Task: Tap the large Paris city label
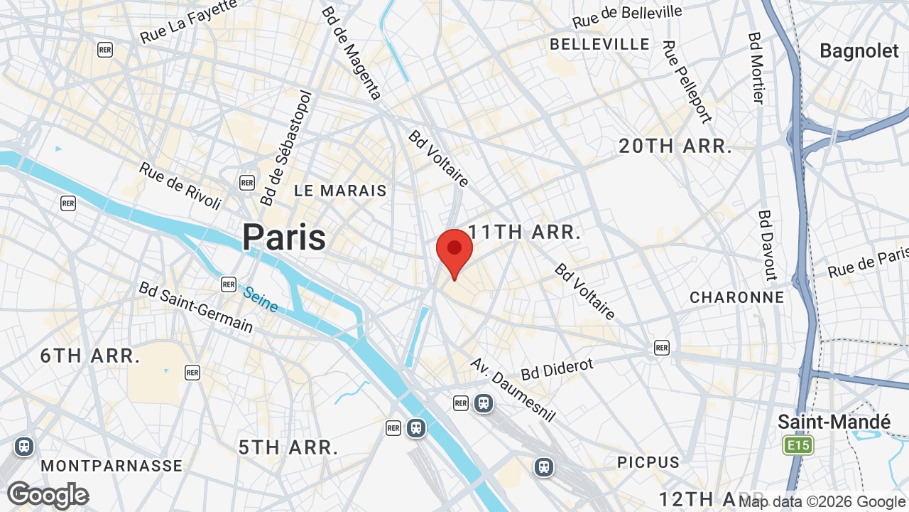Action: [x=284, y=238]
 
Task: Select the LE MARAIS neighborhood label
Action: [x=341, y=191]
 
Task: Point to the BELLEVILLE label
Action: [x=600, y=44]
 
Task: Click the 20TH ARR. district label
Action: [x=675, y=146]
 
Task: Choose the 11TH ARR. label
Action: [x=525, y=232]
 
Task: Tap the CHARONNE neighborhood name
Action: [x=737, y=297]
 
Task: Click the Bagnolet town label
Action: [x=859, y=50]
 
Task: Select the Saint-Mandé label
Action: [x=834, y=422]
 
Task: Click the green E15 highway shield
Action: [x=798, y=446]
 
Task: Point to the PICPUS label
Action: [x=648, y=462]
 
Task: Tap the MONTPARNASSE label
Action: [x=111, y=466]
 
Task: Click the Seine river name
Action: [x=260, y=299]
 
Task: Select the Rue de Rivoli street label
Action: [x=180, y=186]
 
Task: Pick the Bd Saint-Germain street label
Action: [x=196, y=306]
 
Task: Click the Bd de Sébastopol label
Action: [x=286, y=148]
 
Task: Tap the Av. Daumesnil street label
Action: [x=513, y=389]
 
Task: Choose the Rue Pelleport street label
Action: [x=686, y=81]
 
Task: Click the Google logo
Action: [x=48, y=495]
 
